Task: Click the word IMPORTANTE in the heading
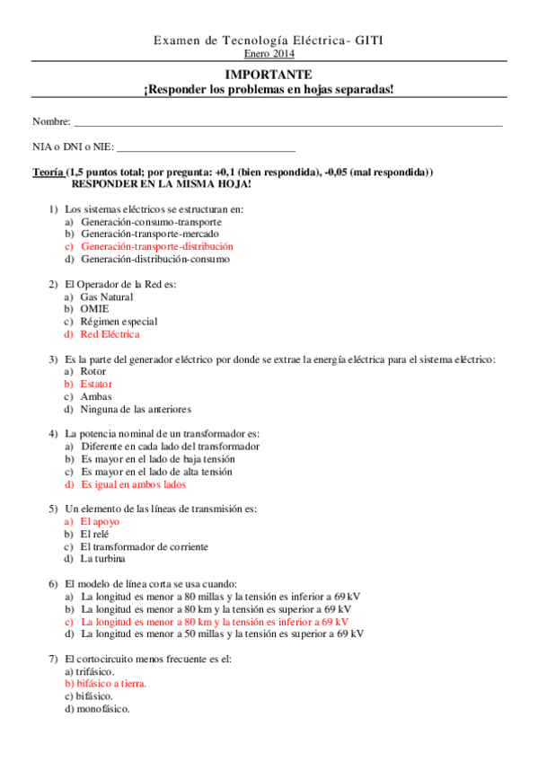tap(269, 75)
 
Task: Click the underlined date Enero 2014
tap(269, 54)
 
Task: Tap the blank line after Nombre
tap(287, 121)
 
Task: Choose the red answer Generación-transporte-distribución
tap(156, 246)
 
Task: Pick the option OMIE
tap(94, 309)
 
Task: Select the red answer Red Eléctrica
tap(110, 334)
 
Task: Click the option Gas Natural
tap(106, 297)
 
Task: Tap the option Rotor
tap(93, 371)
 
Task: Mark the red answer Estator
tap(96, 384)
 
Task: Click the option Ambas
tap(96, 396)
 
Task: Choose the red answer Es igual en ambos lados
tap(133, 483)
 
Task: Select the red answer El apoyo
tap(100, 521)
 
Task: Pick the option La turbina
tap(102, 559)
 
